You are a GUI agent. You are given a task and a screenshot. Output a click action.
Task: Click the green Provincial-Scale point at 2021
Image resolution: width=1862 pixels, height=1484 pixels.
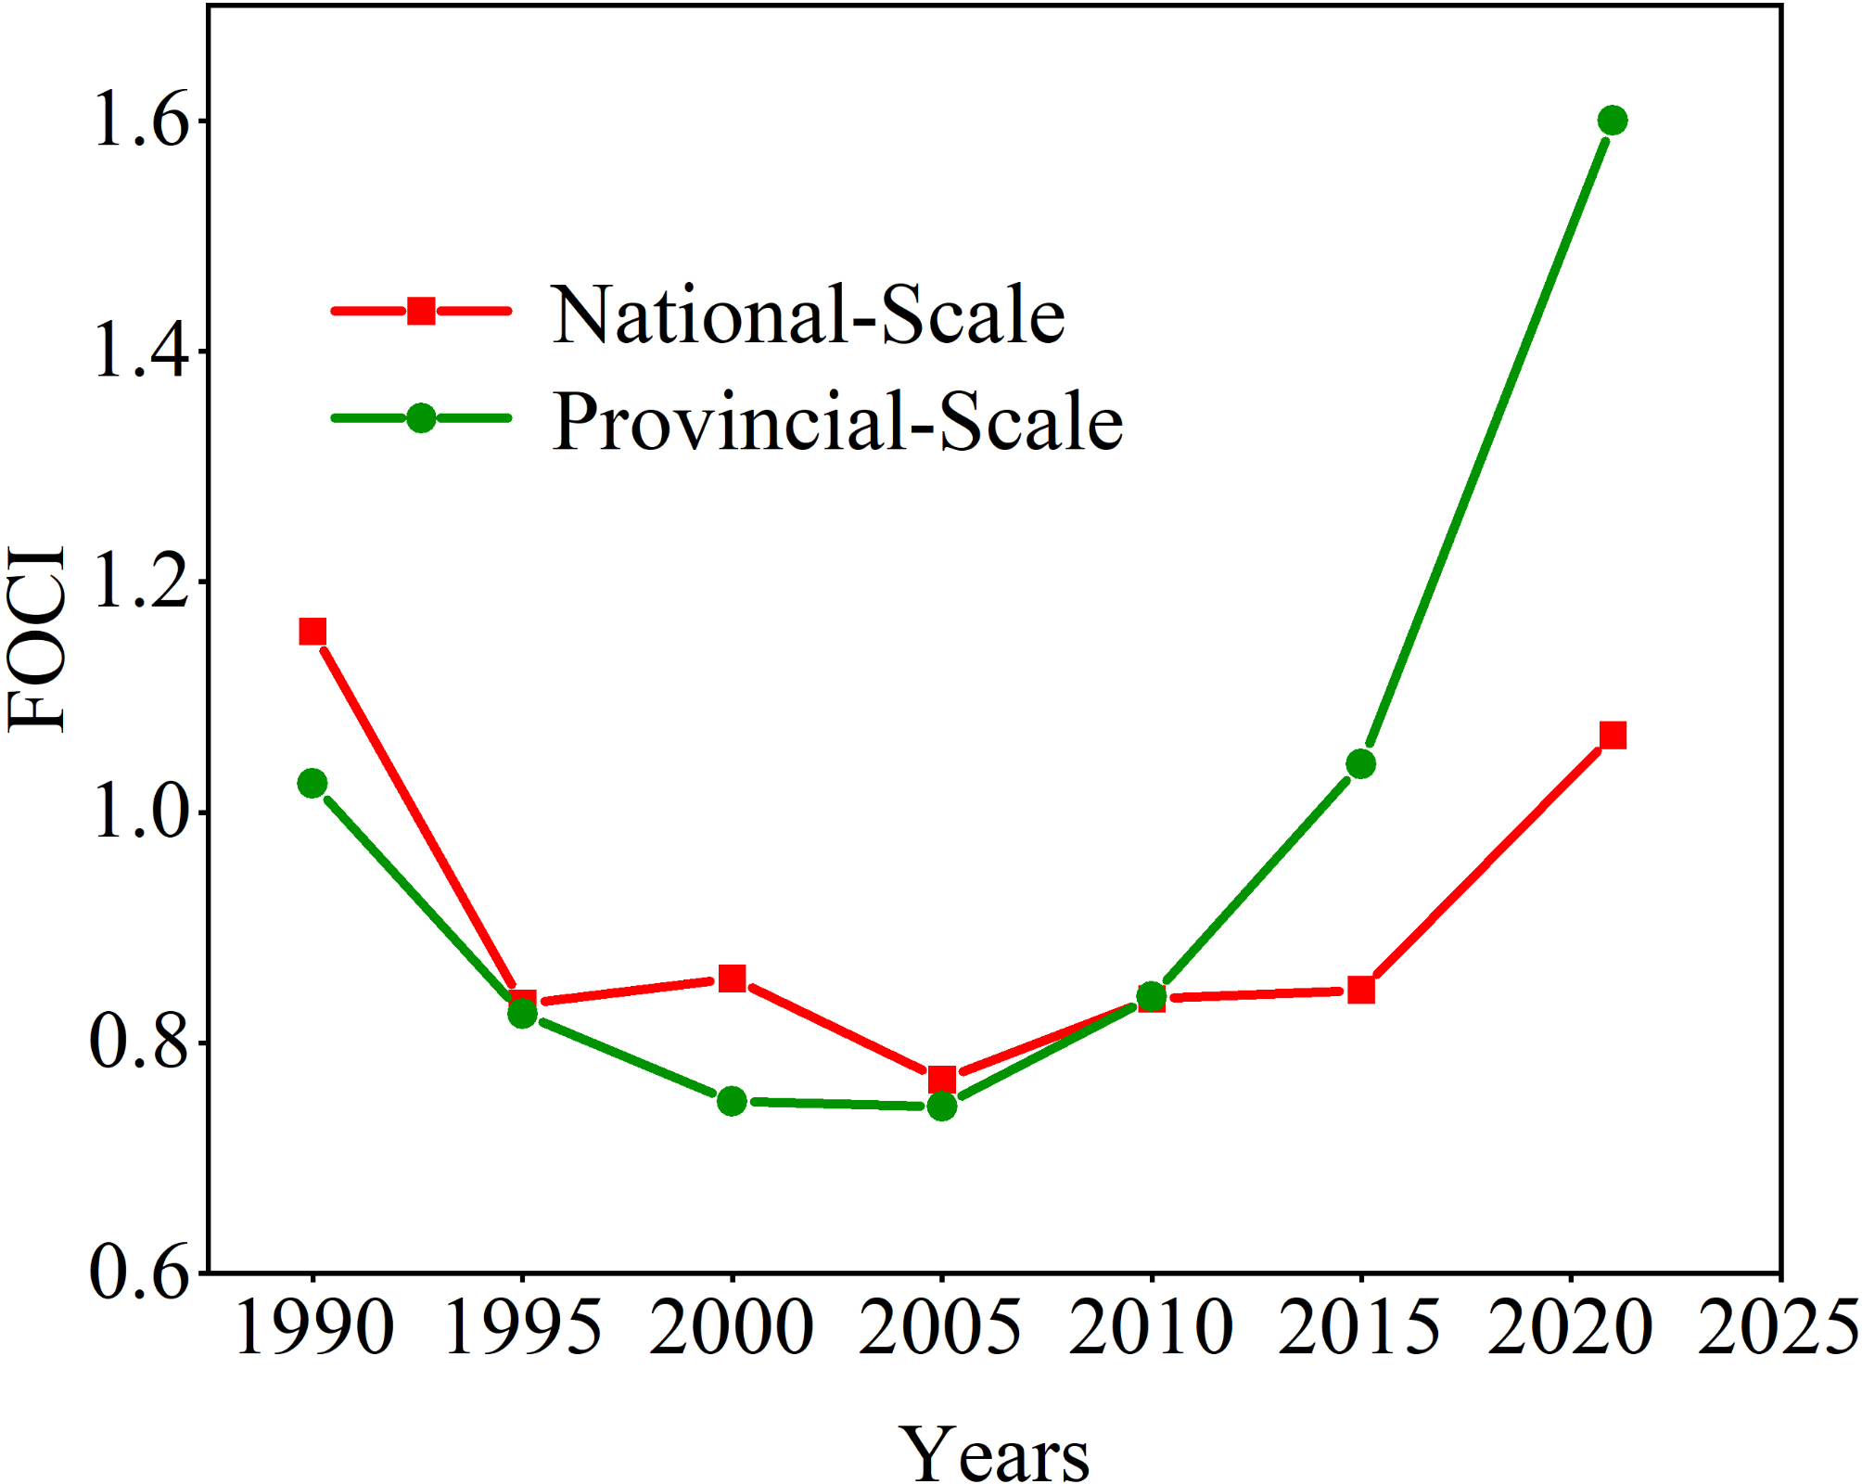[1613, 121]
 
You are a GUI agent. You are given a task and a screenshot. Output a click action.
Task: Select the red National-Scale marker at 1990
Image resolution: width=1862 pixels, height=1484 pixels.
[312, 632]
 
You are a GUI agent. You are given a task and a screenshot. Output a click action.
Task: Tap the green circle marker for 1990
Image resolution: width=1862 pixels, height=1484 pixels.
[312, 783]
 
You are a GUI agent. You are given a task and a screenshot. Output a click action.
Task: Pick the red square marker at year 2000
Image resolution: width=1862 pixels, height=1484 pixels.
[733, 979]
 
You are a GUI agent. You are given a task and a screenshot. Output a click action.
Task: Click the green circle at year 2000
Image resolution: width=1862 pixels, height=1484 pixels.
[733, 1101]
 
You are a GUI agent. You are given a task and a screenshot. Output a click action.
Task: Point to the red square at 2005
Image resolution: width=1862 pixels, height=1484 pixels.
[942, 1079]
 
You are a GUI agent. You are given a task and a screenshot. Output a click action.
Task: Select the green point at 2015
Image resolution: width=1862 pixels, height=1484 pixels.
[1360, 764]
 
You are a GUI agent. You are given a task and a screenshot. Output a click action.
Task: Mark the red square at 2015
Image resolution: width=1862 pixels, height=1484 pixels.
[1360, 990]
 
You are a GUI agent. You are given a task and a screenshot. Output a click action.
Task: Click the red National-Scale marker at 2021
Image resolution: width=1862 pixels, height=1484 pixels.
[1613, 736]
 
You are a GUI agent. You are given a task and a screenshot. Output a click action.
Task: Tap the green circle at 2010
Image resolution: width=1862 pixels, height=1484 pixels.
[1151, 997]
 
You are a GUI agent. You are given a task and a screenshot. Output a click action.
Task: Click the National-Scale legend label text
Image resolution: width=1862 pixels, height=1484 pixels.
[808, 315]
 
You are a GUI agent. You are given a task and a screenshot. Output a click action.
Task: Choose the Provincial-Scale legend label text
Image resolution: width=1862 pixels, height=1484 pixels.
[837, 422]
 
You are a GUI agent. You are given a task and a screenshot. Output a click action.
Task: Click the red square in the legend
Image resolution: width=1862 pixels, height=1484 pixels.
[421, 311]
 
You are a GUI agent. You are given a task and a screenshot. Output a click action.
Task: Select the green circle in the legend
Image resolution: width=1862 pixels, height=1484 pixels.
[421, 418]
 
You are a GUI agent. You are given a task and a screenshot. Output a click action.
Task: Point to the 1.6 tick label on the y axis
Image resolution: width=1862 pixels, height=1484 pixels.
[140, 122]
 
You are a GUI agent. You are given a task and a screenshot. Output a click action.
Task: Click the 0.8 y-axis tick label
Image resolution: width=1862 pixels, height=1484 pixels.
[138, 1043]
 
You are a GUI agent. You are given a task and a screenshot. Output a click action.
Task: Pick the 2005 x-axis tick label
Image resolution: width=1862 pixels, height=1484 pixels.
[940, 1328]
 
